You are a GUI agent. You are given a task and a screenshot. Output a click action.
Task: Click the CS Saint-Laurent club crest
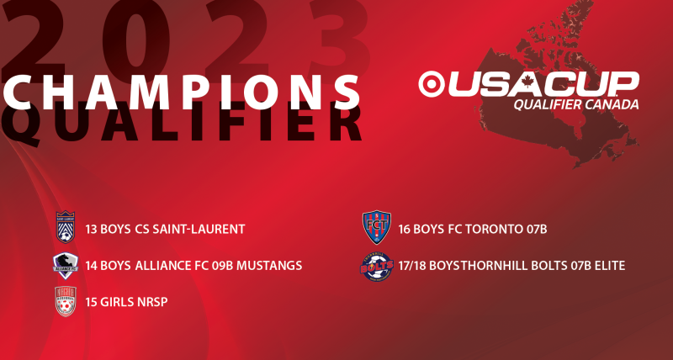[66, 227]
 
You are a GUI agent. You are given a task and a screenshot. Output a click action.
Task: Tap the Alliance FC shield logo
[66, 266]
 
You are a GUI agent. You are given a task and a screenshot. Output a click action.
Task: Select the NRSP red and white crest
[66, 301]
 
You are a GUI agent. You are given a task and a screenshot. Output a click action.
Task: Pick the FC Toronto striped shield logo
[376, 227]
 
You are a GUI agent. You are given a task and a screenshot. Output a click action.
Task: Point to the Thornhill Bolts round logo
[376, 267]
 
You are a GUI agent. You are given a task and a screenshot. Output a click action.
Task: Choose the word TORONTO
[486, 229]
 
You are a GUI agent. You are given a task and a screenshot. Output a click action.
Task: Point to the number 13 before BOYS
[91, 229]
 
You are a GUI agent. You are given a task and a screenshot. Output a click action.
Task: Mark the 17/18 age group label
[412, 266]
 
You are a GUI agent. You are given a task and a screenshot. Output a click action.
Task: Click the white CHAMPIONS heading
[181, 92]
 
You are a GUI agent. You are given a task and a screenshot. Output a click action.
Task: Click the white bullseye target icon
[431, 84]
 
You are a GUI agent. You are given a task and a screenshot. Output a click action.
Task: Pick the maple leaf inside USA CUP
[527, 80]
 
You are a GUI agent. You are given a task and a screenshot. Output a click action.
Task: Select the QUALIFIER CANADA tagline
[576, 104]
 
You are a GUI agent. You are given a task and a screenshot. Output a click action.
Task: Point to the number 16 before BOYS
[405, 229]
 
